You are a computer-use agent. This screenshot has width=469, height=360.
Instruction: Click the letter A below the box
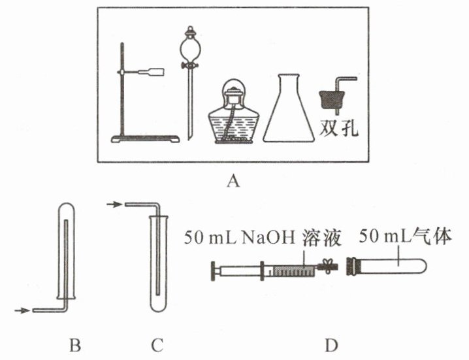coord(231,182)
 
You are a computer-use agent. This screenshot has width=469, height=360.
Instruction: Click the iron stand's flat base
coord(146,138)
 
